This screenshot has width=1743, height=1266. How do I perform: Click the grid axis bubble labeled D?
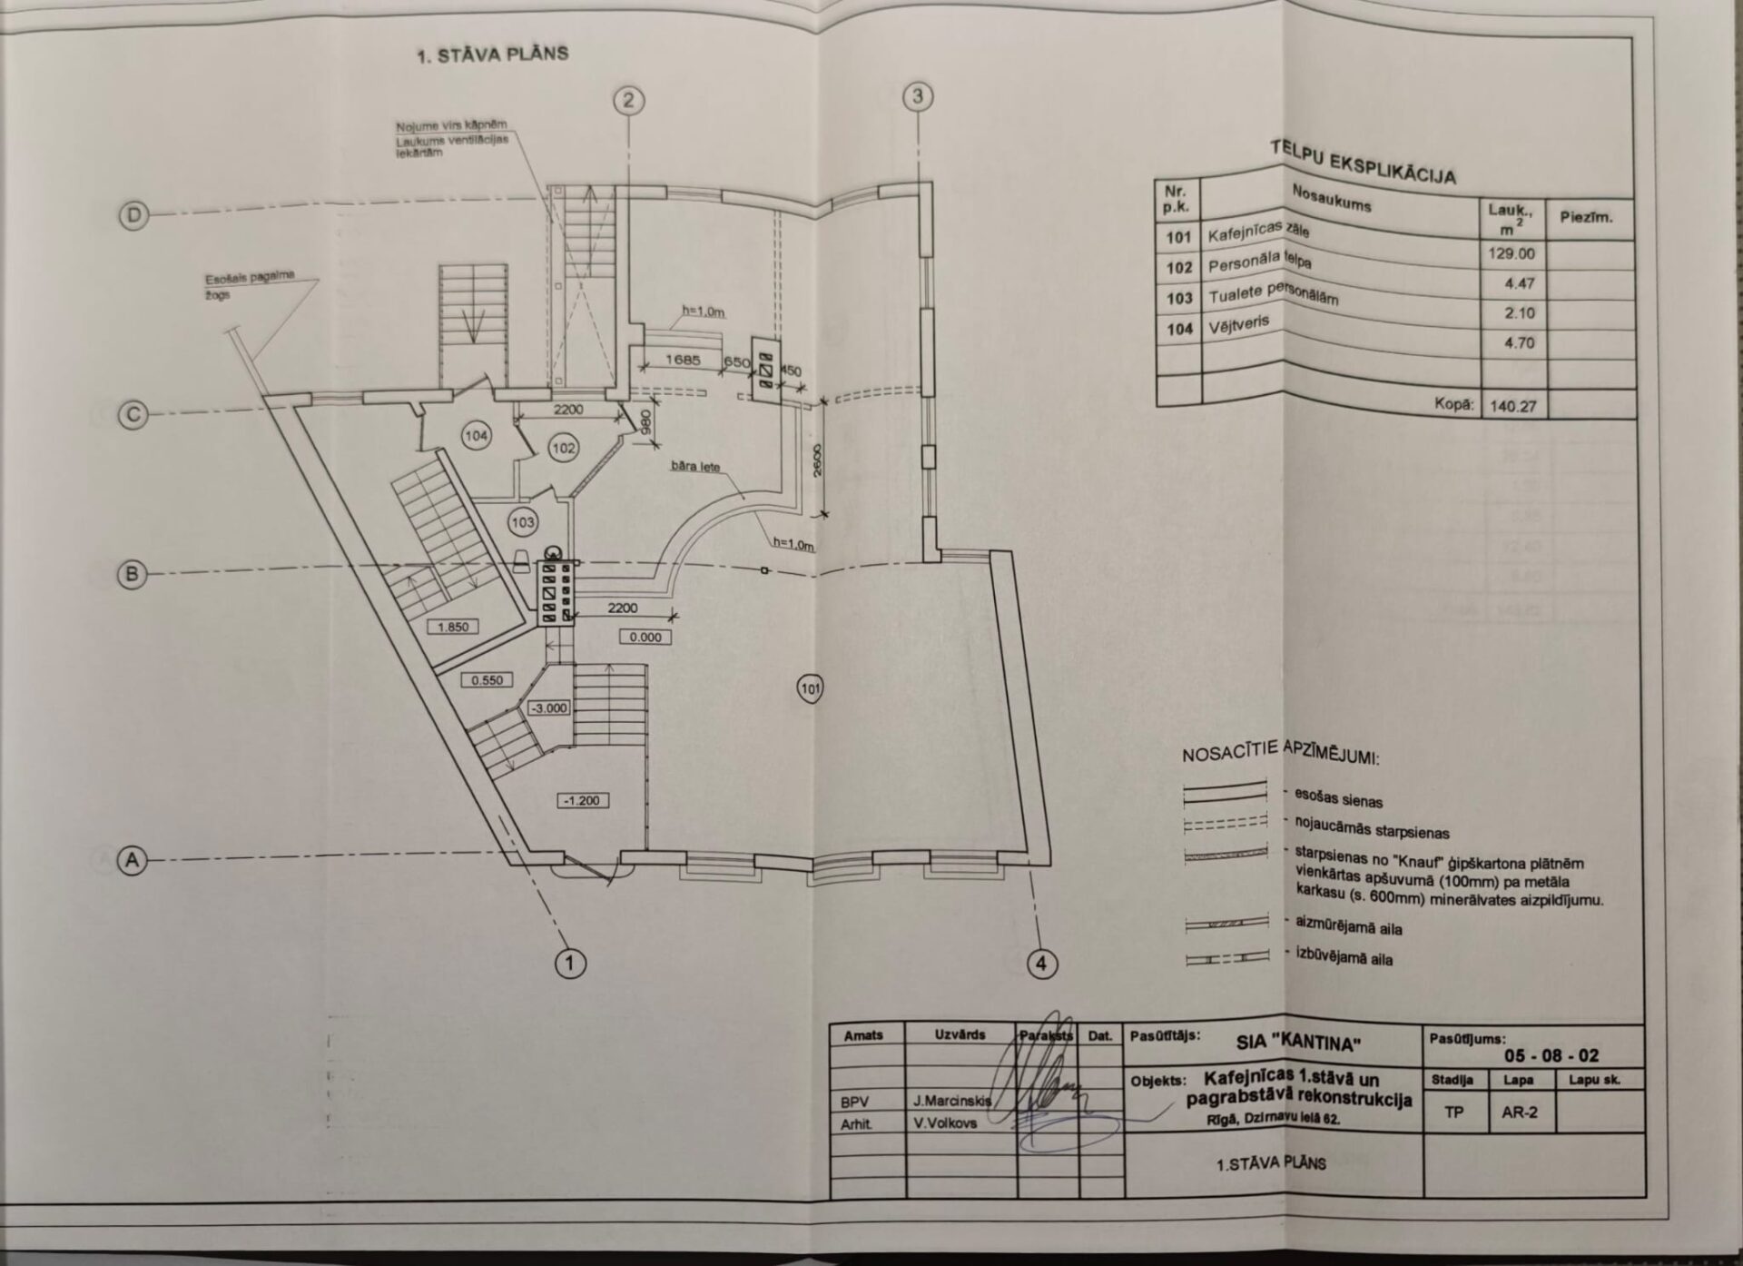point(134,216)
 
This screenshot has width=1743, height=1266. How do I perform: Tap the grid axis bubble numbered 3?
point(918,96)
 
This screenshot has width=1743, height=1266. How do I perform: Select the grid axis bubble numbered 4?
point(1041,963)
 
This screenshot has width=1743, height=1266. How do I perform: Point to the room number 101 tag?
point(810,689)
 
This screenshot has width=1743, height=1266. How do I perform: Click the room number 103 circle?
point(523,521)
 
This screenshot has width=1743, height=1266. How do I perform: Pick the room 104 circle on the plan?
point(476,436)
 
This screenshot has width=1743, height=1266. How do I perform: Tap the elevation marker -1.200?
point(582,800)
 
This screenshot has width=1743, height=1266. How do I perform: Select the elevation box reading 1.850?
point(453,627)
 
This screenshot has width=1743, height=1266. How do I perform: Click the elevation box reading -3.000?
point(548,707)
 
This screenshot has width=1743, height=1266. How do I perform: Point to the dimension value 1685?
point(683,360)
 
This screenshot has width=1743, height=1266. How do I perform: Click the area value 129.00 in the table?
point(1512,254)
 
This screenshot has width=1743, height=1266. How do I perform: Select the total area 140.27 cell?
point(1513,406)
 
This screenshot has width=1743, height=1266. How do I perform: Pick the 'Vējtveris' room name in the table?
point(1238,324)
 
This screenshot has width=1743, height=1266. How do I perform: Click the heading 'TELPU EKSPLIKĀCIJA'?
point(1363,162)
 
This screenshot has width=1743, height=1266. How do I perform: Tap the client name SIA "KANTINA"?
point(1298,1043)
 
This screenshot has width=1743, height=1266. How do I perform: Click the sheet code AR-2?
point(1519,1112)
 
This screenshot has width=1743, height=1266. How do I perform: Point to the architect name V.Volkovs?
point(945,1123)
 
